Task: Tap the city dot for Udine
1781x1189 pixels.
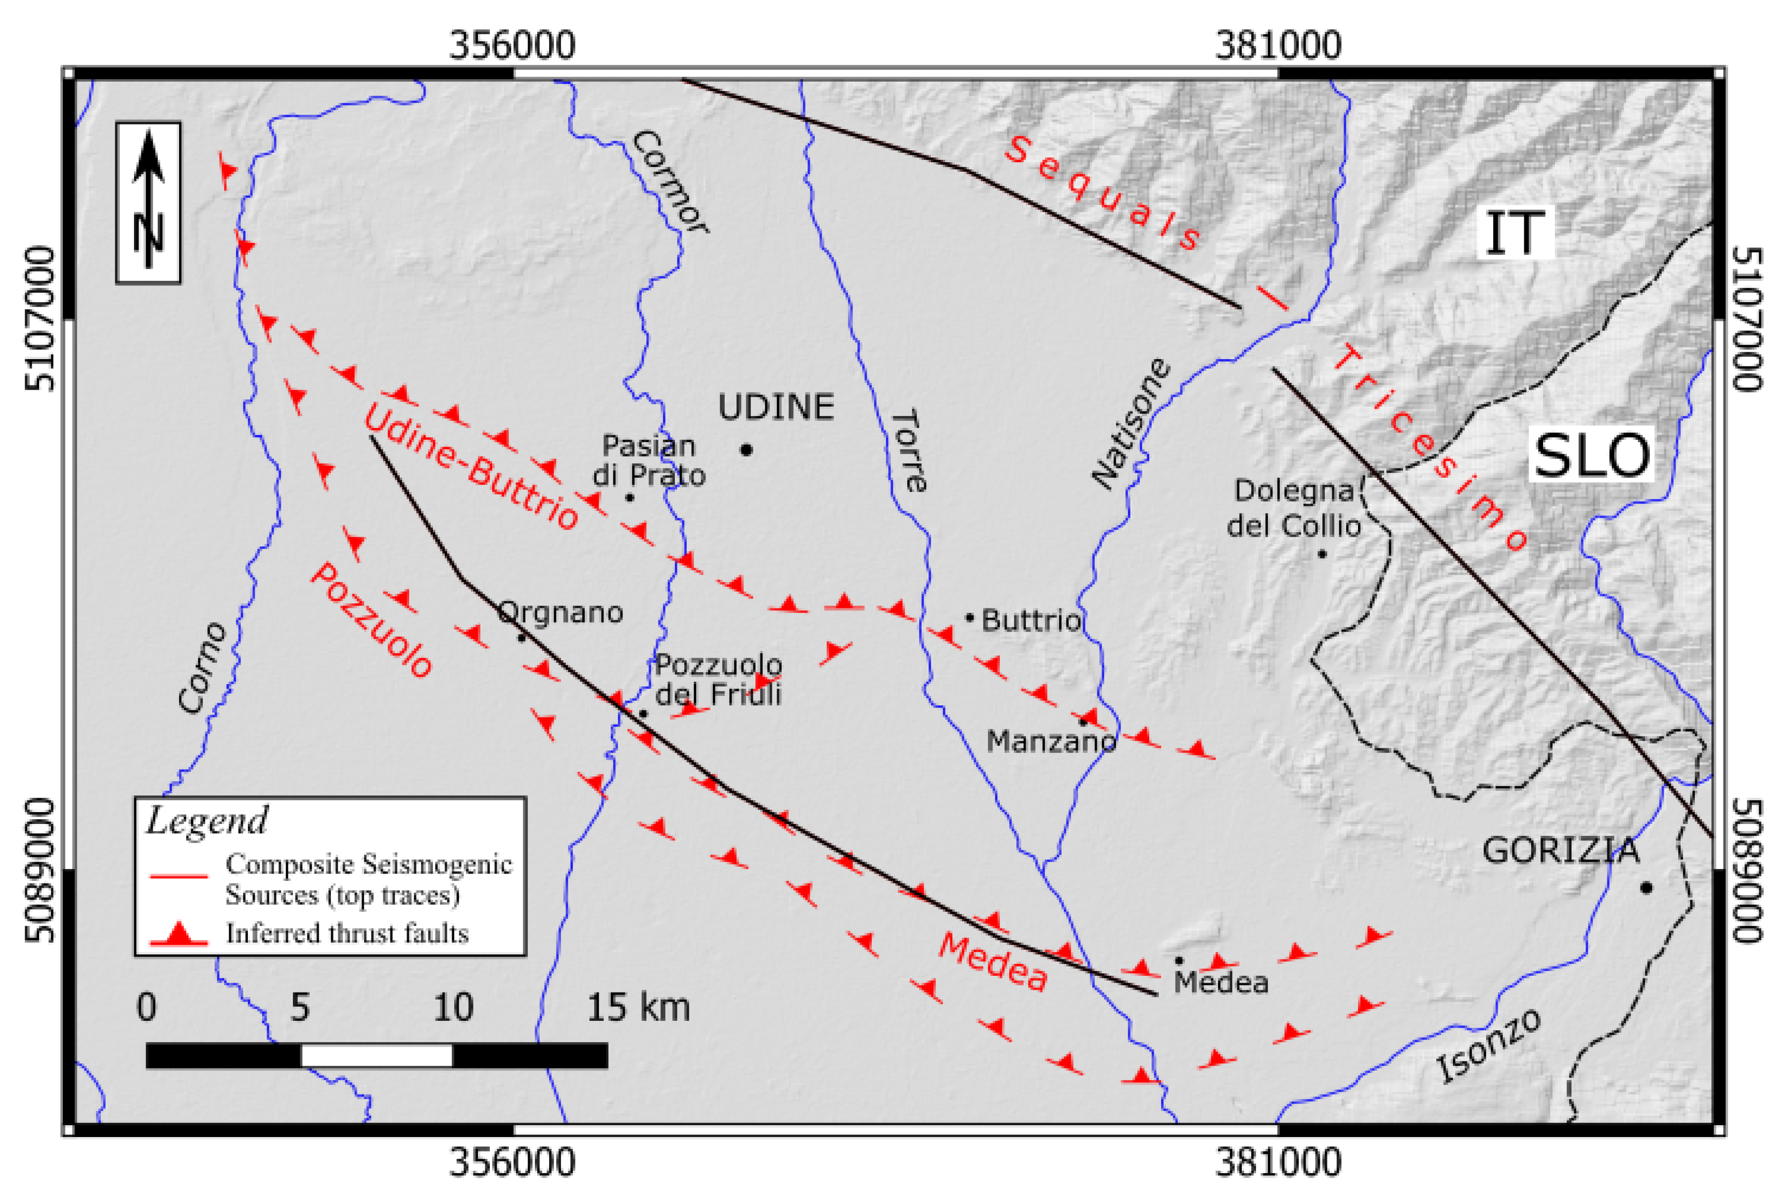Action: click(x=747, y=450)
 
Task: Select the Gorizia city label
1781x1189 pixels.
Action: click(x=1560, y=851)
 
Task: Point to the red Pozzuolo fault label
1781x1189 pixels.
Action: click(x=371, y=620)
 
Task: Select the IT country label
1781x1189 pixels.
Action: click(x=1514, y=233)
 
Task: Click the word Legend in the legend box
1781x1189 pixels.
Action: click(x=207, y=821)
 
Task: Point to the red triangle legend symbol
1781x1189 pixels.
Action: click(x=179, y=934)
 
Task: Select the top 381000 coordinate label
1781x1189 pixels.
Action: click(x=1278, y=46)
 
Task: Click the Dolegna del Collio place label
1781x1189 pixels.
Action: click(x=1294, y=508)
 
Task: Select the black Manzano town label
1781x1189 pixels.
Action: click(x=1051, y=741)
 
